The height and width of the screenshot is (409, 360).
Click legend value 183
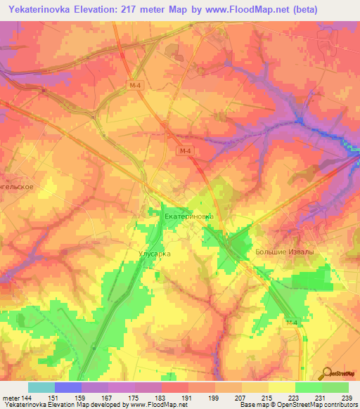pyautogui.click(x=161, y=397)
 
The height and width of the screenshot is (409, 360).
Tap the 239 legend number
pyautogui.click(x=347, y=397)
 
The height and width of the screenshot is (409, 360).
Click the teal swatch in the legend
pyautogui.click(x=41, y=387)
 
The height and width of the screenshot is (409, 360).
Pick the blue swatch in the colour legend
pyautogui.click(x=67, y=387)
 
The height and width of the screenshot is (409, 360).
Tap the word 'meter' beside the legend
pyautogui.click(x=11, y=397)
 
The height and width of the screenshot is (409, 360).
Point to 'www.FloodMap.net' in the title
pyautogui.click(x=233, y=9)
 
